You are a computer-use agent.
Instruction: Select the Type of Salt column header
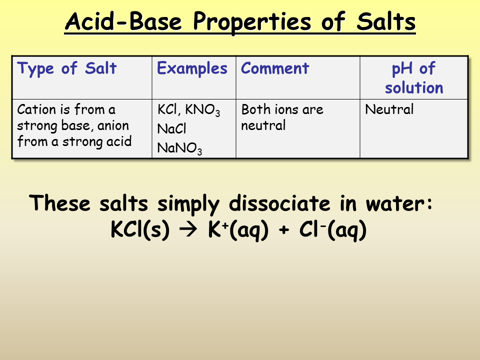66,68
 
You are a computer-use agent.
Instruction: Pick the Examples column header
192,68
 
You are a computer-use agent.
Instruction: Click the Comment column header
275,68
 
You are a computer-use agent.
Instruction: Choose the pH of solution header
413,78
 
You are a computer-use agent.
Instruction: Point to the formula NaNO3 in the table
179,148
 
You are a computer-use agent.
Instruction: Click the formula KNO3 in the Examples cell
204,110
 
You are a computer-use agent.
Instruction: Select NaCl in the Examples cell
171,129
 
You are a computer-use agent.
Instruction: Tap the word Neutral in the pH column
389,109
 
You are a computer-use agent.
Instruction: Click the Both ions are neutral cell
282,117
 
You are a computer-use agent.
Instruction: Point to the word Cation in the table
33,109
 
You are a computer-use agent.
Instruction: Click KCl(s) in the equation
139,230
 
